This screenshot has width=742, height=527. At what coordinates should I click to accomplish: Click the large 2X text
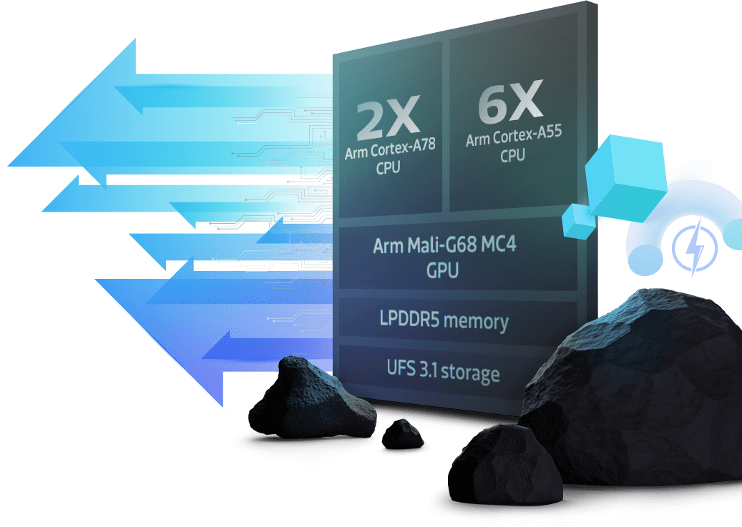click(x=388, y=118)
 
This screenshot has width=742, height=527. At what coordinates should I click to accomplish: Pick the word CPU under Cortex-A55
click(x=512, y=155)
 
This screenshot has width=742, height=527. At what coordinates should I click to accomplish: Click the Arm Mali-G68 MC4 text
click(x=444, y=247)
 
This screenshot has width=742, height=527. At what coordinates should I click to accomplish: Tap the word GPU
click(x=444, y=270)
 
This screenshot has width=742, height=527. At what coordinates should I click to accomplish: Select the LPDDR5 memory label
click(x=444, y=320)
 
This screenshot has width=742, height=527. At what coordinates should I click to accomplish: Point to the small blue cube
click(x=579, y=219)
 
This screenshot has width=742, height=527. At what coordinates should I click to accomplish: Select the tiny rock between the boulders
click(x=401, y=433)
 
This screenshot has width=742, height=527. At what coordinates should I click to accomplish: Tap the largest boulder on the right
click(x=644, y=386)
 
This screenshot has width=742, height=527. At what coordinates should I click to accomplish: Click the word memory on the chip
click(x=475, y=320)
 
